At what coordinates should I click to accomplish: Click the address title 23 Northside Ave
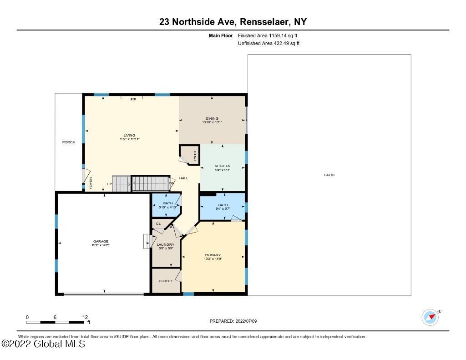click(x=233, y=22)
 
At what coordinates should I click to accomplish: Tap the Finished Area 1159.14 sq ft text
click(x=268, y=35)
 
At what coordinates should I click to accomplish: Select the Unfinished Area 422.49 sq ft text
click(x=268, y=44)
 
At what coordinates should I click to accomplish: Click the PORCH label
click(x=69, y=142)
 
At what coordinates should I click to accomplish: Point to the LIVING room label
click(x=129, y=136)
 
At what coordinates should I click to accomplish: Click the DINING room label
click(x=212, y=119)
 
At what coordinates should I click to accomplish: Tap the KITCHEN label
click(x=223, y=166)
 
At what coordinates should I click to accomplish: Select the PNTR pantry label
click(x=195, y=156)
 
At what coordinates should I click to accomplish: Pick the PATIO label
click(x=329, y=175)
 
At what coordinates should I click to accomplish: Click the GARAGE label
click(x=101, y=242)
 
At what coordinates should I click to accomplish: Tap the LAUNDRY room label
click(x=166, y=245)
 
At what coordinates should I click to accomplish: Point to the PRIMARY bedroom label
click(x=213, y=255)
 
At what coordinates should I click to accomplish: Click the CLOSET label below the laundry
click(x=166, y=281)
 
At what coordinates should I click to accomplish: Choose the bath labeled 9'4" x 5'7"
click(x=223, y=205)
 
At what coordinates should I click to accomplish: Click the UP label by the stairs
click(x=109, y=184)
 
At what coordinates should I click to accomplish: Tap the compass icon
click(x=430, y=317)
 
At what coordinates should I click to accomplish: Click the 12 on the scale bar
click(x=85, y=317)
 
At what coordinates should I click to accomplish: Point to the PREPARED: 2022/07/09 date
click(x=233, y=321)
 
